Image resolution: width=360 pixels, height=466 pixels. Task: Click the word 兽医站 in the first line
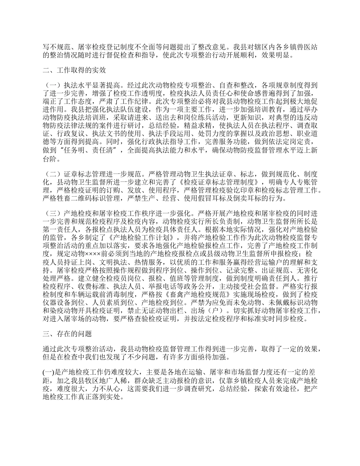pos(307,47)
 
